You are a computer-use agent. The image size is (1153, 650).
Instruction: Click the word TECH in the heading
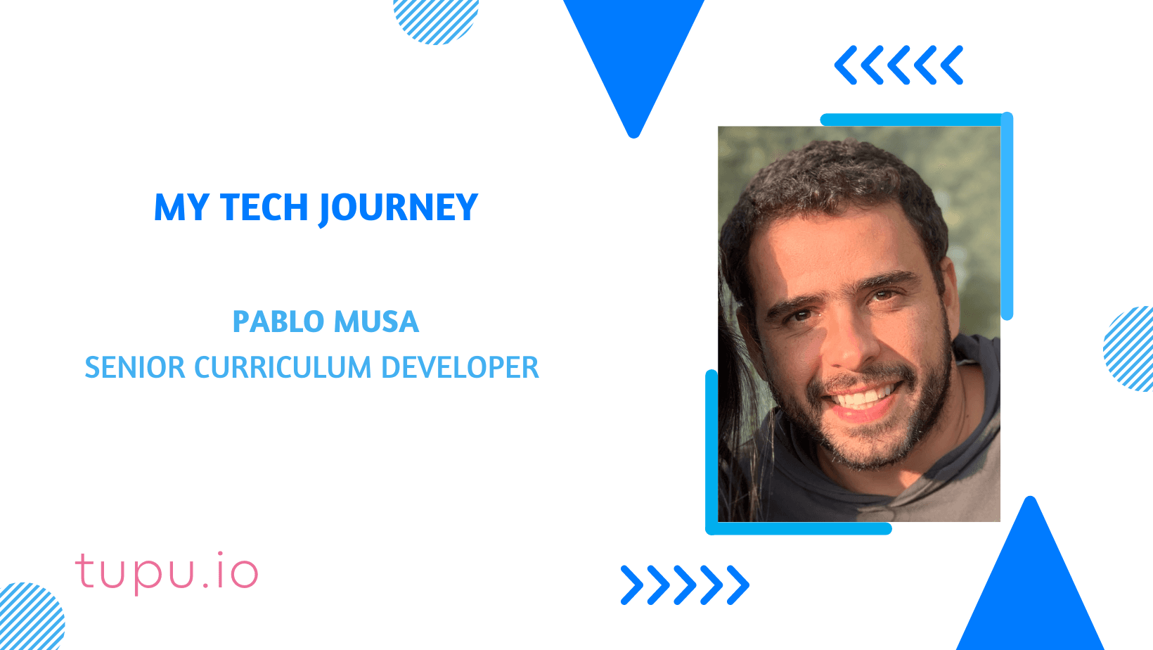(264, 208)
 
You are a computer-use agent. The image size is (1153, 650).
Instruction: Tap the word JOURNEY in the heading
(399, 209)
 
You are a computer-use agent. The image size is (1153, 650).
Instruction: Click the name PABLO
(278, 322)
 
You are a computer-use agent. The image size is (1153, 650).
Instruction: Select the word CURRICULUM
(282, 368)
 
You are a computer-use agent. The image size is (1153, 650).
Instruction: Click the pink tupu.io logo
(167, 573)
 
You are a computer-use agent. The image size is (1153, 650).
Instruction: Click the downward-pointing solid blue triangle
(633, 56)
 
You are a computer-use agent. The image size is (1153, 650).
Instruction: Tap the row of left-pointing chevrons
(898, 65)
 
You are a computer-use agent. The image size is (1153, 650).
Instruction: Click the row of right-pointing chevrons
(685, 585)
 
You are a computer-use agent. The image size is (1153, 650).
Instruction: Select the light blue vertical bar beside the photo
(1007, 218)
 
